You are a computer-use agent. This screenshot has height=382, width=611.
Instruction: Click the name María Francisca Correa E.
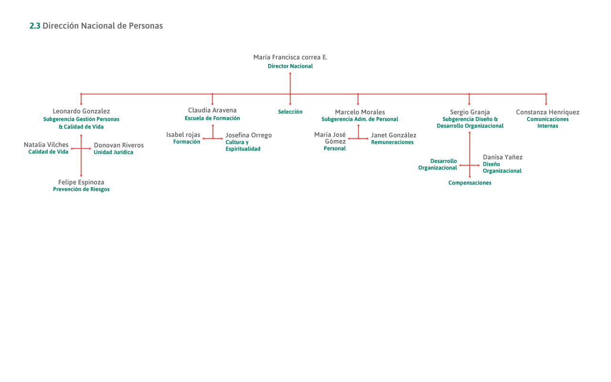[x=290, y=57]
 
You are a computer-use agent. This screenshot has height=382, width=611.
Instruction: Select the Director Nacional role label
[x=290, y=66]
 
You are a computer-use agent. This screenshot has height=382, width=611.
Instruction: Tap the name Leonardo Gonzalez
[x=81, y=111]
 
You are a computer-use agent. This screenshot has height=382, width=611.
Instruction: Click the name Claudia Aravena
[x=212, y=110]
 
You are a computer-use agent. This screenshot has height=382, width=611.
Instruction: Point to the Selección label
[x=290, y=112]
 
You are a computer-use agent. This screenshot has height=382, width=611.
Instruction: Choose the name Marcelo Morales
[x=359, y=112]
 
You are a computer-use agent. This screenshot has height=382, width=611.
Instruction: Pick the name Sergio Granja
[x=470, y=112]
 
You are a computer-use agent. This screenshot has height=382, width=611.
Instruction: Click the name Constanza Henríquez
[x=548, y=112]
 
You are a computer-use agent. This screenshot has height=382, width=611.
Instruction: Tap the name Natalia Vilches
[x=46, y=145]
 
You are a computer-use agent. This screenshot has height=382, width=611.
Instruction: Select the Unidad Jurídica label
[x=113, y=152]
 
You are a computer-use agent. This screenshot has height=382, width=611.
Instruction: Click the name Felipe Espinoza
[x=81, y=182]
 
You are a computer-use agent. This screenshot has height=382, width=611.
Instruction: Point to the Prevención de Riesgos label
[x=81, y=190]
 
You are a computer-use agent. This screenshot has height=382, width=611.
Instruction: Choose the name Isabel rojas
[x=183, y=135]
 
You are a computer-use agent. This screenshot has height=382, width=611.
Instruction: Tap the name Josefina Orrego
[x=248, y=135]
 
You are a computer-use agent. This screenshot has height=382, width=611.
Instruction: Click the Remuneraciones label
[x=392, y=142]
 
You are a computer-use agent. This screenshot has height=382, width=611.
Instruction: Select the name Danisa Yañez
[x=502, y=157]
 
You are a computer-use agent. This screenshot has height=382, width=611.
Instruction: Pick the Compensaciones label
[x=470, y=183]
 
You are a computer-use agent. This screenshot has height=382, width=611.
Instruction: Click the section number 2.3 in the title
[x=34, y=26]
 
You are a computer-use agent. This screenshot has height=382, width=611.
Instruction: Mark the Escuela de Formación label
[x=212, y=118]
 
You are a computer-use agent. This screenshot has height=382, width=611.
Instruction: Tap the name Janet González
[x=393, y=135]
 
